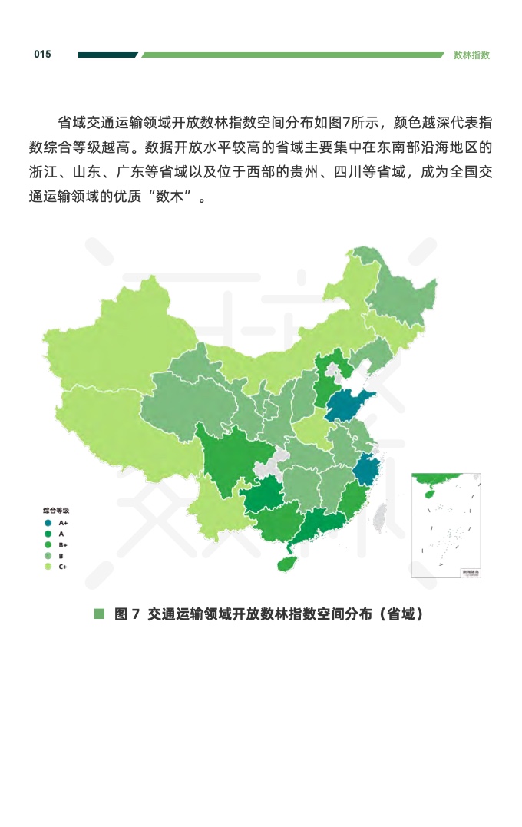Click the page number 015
[42, 55]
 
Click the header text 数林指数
[471, 55]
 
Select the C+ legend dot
[48, 567]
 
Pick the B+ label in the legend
[62, 544]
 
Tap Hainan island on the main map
[286, 564]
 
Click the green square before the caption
[98, 614]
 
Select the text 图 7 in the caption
[126, 614]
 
